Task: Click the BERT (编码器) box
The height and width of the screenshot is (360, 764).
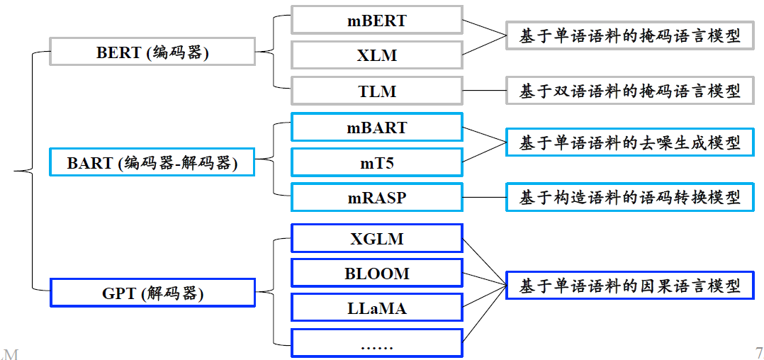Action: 152,52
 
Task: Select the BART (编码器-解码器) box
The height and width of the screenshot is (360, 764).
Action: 152,162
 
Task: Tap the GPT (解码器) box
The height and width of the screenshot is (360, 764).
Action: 152,293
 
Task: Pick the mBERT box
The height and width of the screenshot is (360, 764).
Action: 376,21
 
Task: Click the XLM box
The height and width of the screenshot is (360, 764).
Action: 376,55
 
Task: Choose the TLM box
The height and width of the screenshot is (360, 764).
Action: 376,91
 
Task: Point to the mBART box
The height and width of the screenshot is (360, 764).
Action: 376,128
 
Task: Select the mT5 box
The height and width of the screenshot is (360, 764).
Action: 376,162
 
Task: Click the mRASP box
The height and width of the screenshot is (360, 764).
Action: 376,197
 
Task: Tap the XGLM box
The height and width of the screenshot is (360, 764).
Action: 376,238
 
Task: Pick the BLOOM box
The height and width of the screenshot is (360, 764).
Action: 376,273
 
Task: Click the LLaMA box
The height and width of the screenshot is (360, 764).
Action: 376,308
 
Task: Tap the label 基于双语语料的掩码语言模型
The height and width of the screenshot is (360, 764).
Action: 629,91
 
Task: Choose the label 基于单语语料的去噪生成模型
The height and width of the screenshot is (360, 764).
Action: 629,143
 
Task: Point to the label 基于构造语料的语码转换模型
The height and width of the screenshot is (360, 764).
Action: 629,197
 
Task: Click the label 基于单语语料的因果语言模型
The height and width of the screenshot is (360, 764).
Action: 629,286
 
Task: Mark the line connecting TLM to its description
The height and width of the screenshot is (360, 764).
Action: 483,91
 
